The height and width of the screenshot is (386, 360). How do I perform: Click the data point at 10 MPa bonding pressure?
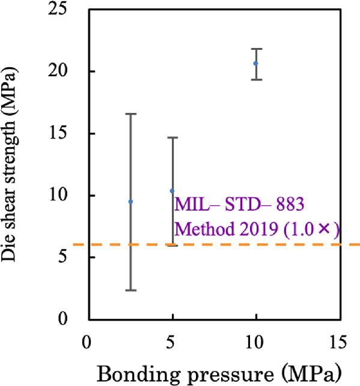tap(256, 63)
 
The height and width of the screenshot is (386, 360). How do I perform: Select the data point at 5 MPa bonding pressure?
tap(172, 191)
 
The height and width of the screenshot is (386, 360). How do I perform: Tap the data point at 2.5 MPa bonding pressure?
tap(130, 202)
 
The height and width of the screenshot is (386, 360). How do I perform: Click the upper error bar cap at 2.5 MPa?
tap(130, 113)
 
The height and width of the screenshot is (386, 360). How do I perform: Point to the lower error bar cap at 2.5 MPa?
tap(130, 290)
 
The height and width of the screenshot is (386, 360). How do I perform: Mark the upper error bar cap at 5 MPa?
tap(172, 137)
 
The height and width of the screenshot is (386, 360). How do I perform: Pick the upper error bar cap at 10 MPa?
tap(257, 49)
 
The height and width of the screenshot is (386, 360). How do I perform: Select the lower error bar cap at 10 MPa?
tap(257, 79)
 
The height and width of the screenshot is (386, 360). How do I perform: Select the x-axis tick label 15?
tap(339, 342)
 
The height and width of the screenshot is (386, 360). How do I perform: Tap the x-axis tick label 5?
tap(172, 342)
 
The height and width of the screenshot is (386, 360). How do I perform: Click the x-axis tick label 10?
tap(256, 342)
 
